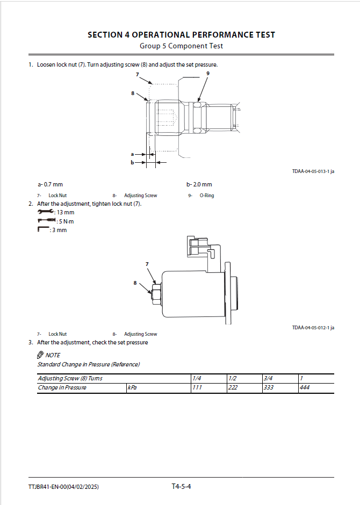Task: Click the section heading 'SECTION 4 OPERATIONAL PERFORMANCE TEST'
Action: (181, 35)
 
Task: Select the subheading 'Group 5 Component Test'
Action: (181, 46)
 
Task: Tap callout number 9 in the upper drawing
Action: (207, 73)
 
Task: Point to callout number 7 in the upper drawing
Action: (137, 74)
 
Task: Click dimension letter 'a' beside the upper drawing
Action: (132, 154)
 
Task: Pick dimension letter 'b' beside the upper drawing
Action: (132, 162)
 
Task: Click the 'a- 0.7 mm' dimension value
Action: (50, 185)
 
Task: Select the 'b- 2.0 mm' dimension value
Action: (199, 185)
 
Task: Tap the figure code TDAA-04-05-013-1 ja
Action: (313, 171)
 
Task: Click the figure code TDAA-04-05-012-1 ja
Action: (313, 328)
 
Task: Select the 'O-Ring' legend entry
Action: (207, 196)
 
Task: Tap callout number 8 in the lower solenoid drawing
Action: (135, 283)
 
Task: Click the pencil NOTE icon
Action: (40, 355)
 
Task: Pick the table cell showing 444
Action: (305, 388)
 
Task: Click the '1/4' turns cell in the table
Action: (197, 379)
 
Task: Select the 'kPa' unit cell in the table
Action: (132, 388)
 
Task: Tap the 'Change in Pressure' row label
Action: (62, 388)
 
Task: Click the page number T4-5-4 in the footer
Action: (181, 487)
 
